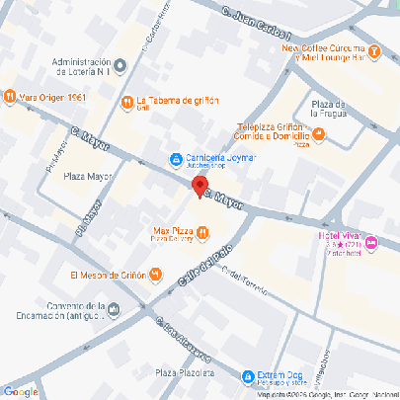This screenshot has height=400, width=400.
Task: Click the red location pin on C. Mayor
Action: (x=200, y=187)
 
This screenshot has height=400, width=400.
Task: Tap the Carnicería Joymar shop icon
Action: (x=175, y=158)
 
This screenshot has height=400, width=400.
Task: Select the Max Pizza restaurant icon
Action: (x=201, y=233)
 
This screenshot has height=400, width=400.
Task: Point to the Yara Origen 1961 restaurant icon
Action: (x=9, y=97)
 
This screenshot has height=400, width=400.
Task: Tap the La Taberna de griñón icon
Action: (x=126, y=102)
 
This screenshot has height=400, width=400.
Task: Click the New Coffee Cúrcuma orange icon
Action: (x=374, y=50)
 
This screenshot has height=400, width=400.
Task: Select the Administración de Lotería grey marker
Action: (x=120, y=66)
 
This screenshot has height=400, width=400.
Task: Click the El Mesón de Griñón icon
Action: (x=155, y=275)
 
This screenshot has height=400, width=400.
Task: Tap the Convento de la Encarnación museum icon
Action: (x=115, y=311)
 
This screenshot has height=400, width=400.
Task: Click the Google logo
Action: (x=21, y=391)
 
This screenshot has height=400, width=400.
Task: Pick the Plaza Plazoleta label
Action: (x=185, y=374)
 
